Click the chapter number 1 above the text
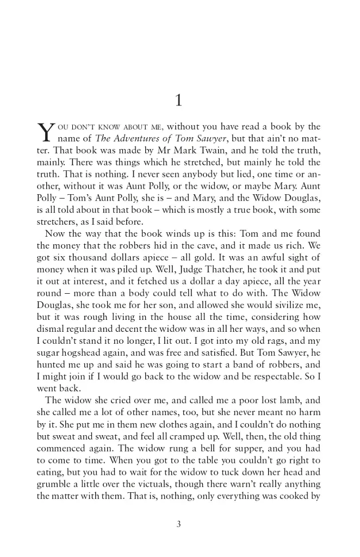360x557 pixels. click(x=179, y=101)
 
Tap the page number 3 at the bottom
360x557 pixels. click(x=179, y=524)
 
